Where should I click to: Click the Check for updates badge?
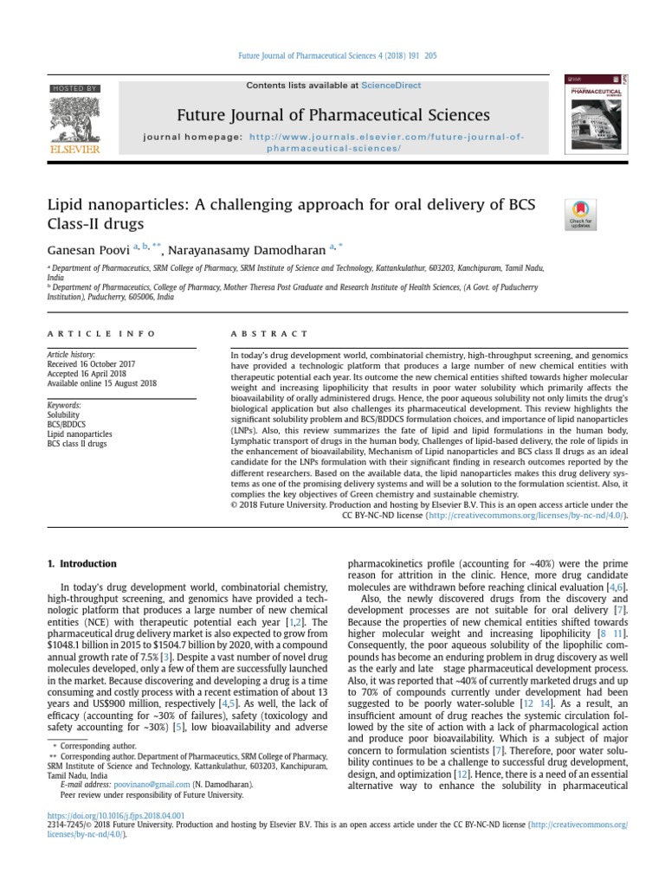coord(579,214)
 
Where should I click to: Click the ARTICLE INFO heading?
coord(101,333)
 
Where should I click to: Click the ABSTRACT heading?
coord(268,333)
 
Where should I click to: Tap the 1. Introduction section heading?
coord(81,563)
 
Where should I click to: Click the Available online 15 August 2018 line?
coord(102,383)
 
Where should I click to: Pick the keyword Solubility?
coord(63,414)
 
